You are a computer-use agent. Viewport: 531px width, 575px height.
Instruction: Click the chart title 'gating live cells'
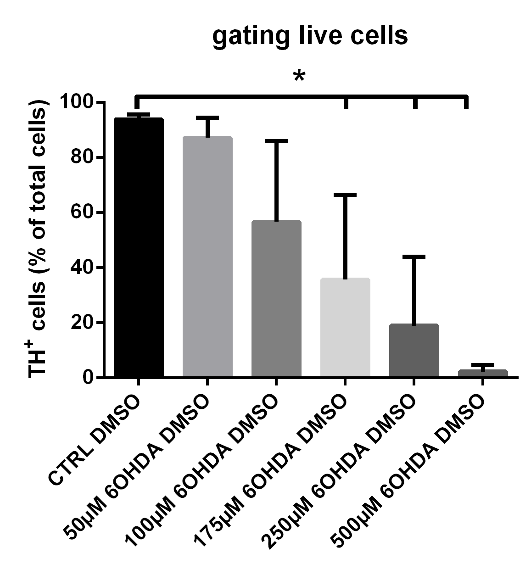310,36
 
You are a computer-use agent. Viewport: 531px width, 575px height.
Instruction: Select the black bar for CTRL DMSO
139,248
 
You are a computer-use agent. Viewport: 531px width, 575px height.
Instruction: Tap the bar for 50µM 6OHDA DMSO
207,257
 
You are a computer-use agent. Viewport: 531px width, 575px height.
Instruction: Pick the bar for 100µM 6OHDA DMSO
276,299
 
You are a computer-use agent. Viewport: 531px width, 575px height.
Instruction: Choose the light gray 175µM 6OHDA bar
345,328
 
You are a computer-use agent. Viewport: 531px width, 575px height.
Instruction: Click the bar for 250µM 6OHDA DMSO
414,351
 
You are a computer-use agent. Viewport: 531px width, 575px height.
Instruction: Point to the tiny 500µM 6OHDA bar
483,373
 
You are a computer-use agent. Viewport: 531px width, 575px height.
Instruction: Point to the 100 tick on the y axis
81,102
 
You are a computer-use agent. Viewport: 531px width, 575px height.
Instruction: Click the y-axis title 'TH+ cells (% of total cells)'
39,239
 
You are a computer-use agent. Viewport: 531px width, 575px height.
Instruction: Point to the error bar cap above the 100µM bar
276,141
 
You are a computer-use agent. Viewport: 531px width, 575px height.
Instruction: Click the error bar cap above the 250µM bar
414,257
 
